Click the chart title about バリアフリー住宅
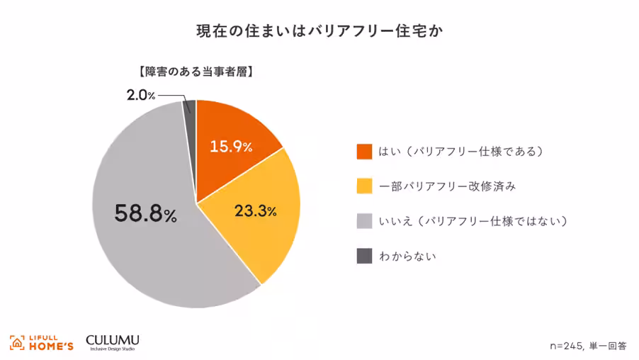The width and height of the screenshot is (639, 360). [319, 31]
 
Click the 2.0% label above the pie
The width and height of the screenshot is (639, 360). [141, 95]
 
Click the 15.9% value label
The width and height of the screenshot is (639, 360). [231, 147]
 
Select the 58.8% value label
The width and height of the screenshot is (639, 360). [145, 213]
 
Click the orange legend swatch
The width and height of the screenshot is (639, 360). [364, 152]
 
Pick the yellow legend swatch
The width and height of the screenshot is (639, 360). [364, 186]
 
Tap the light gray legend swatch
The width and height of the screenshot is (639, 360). [364, 221]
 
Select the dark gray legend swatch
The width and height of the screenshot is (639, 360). [364, 256]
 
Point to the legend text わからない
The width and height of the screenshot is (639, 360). [408, 256]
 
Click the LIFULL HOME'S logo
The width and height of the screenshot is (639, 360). [42, 342]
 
